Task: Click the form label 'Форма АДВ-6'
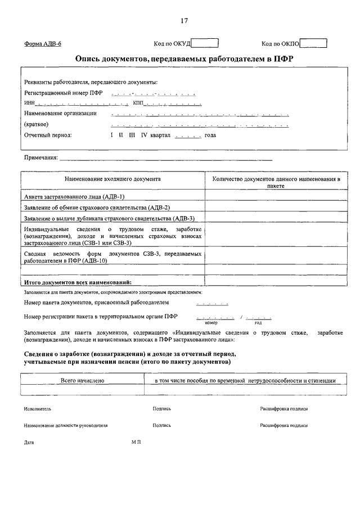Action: (43, 44)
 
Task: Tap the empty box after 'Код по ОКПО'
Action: (313, 43)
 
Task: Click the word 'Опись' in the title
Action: (89, 59)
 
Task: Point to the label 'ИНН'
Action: (29, 103)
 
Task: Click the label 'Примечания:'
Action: (41, 158)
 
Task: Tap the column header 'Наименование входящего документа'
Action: (113, 179)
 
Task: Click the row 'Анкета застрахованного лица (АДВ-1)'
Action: (74, 196)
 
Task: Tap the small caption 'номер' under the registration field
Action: (211, 322)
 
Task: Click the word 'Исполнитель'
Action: (38, 409)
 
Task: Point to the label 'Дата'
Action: (29, 443)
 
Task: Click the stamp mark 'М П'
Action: (136, 442)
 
